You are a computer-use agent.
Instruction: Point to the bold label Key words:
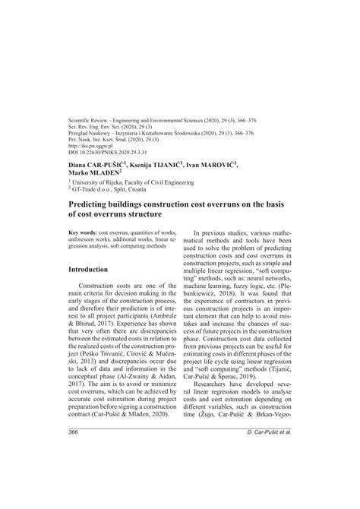(x=82, y=232)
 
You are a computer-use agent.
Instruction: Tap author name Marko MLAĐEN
(x=96, y=194)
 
